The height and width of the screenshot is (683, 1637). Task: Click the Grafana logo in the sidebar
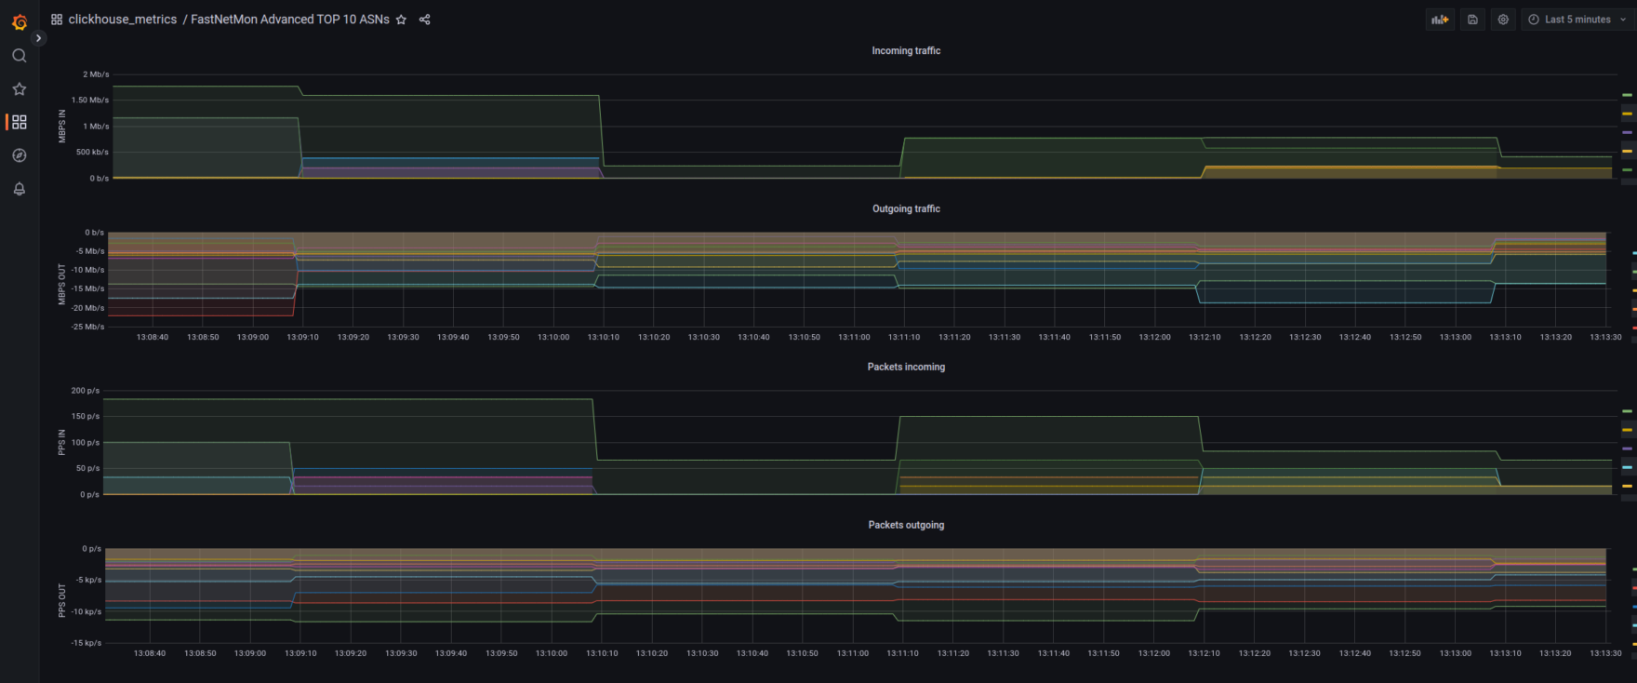click(20, 21)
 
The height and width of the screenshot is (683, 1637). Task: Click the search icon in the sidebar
click(20, 56)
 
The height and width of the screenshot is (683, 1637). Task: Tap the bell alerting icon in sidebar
click(20, 189)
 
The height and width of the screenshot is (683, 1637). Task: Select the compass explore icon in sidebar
click(20, 155)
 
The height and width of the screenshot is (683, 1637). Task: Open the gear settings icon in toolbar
click(1503, 20)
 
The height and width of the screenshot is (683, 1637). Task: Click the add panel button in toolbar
click(1440, 20)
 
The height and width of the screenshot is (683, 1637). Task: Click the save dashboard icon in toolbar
click(1472, 20)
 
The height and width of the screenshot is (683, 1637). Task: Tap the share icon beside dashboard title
click(424, 20)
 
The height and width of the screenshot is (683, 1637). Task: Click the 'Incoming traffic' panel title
click(906, 51)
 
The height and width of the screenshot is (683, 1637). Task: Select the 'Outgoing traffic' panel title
click(906, 209)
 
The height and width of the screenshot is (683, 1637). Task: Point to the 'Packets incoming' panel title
click(906, 368)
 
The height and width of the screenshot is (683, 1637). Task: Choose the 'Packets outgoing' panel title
click(906, 526)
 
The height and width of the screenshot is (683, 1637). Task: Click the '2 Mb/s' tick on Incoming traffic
click(96, 74)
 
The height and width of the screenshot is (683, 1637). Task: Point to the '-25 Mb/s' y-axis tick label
click(88, 327)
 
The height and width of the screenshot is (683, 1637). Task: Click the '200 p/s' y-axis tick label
click(86, 391)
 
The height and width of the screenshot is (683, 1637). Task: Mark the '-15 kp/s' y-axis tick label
click(87, 643)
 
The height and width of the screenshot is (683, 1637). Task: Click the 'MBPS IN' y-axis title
click(62, 127)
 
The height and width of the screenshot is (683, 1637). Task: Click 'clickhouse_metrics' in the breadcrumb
click(122, 20)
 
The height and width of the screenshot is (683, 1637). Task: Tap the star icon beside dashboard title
click(401, 20)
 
